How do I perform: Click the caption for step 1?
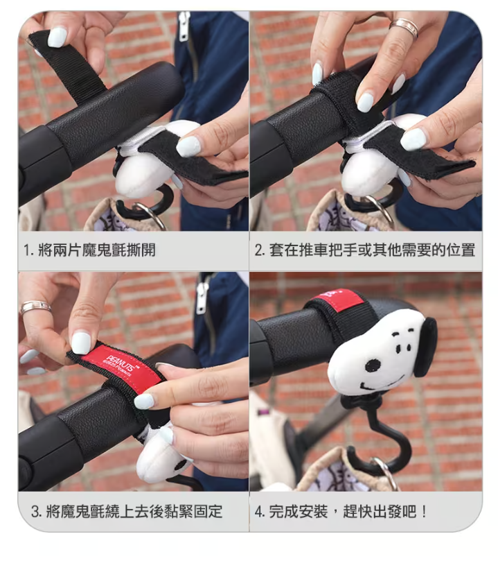(89, 250)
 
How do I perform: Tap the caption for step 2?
(365, 250)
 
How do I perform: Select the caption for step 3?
(127, 511)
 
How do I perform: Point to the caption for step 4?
(341, 511)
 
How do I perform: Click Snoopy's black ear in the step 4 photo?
(426, 347)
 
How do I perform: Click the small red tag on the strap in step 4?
(337, 300)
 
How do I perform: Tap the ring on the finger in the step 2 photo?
(404, 27)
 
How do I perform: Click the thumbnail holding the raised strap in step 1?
(57, 37)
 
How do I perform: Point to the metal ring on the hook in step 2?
(380, 211)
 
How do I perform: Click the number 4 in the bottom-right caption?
(258, 512)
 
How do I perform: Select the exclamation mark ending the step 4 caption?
(424, 511)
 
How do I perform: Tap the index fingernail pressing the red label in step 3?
(81, 343)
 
